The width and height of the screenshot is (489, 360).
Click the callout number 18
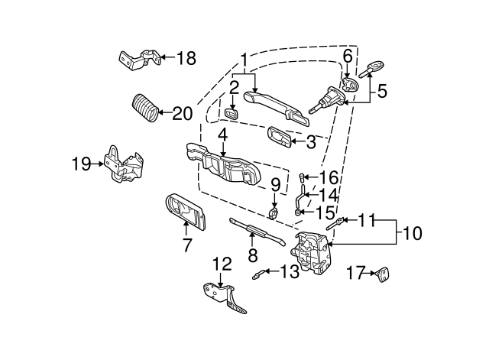[x=186, y=58]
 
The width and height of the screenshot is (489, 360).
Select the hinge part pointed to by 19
[x=124, y=164]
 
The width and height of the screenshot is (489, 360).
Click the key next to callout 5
[x=372, y=70]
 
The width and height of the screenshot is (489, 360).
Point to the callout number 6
[x=348, y=56]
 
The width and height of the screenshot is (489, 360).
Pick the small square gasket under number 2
[x=232, y=114]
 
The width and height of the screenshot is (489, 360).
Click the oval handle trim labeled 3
[x=279, y=137]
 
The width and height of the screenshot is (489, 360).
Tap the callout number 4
[x=223, y=135]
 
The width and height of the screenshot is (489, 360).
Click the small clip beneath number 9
[x=274, y=213]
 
